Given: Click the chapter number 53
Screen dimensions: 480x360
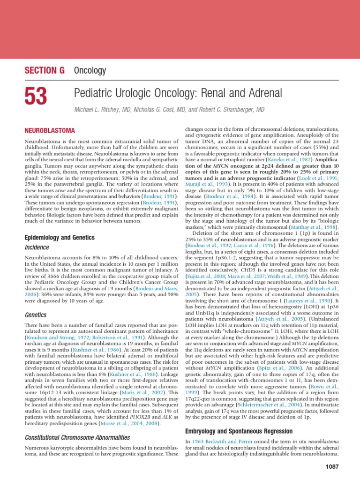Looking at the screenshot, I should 36,97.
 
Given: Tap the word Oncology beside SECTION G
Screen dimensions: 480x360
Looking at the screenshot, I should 90,71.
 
